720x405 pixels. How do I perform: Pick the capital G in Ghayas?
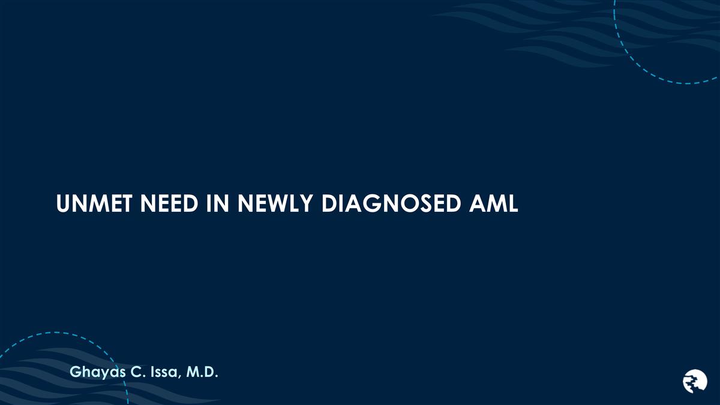click(76, 373)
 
